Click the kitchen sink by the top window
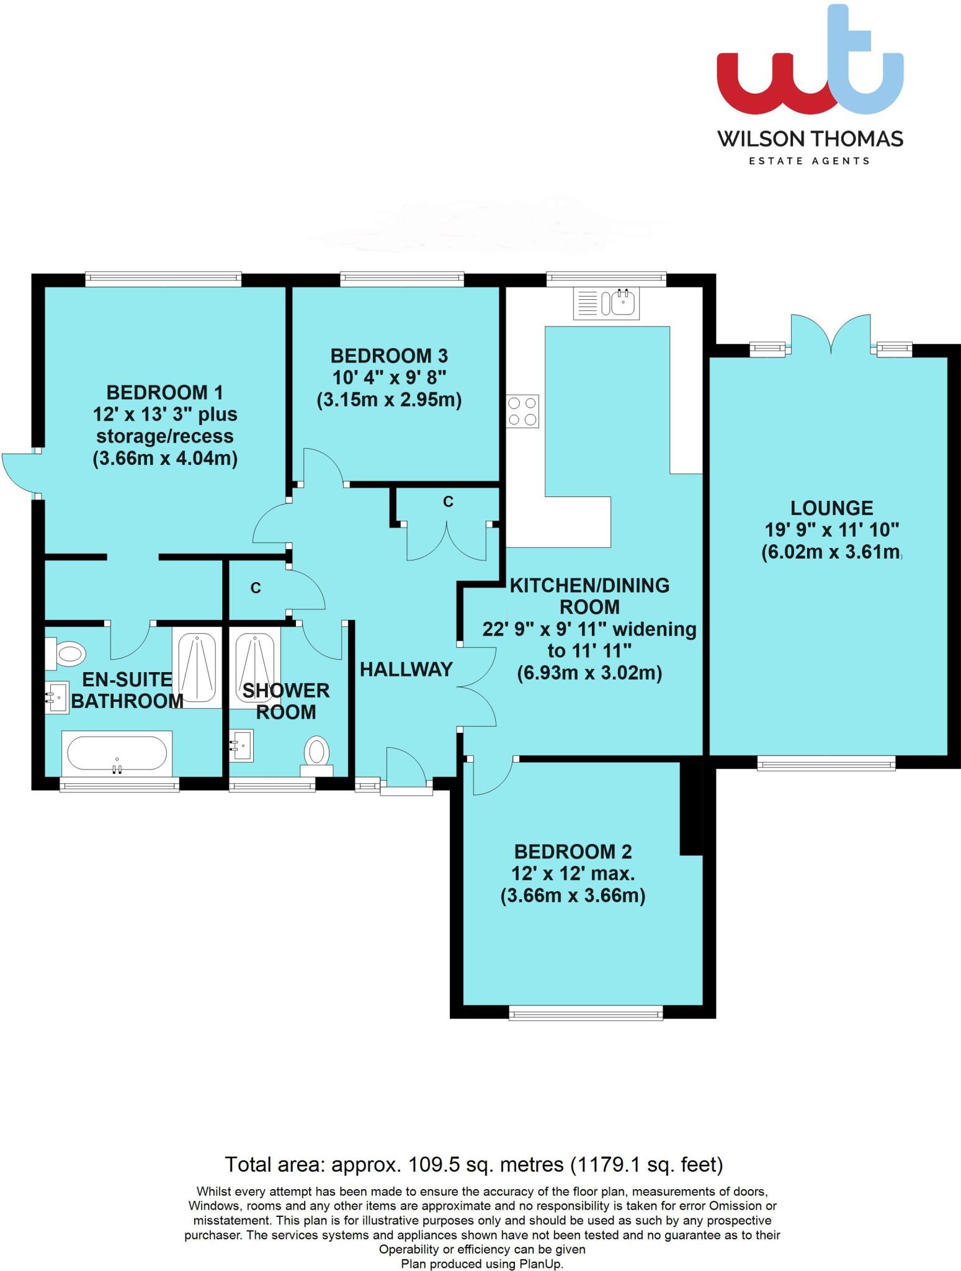[x=606, y=303]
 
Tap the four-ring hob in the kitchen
[x=522, y=411]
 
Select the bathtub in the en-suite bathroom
[x=117, y=753]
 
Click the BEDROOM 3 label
[x=389, y=356]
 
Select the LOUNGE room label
[x=831, y=508]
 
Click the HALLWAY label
[x=406, y=669]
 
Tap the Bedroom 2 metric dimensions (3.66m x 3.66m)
[x=573, y=896]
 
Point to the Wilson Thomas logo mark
[x=810, y=65]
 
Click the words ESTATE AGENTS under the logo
[x=810, y=161]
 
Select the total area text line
[x=474, y=1164]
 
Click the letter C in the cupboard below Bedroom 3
[x=448, y=501]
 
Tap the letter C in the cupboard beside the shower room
[x=256, y=588]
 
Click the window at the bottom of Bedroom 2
[x=586, y=1014]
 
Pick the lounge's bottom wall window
[x=826, y=763]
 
